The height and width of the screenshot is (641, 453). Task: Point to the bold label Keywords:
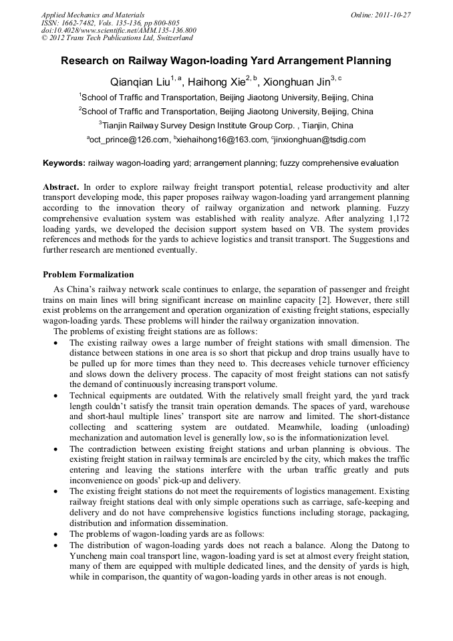point(64,163)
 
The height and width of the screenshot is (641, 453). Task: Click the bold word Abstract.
point(60,186)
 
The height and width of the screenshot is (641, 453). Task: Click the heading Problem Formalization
point(88,275)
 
